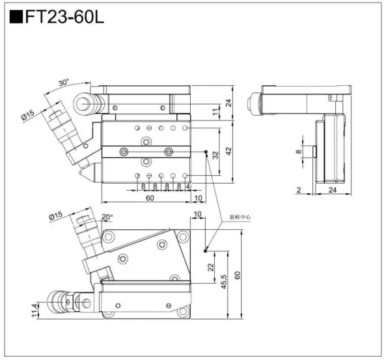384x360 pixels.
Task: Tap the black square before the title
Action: (x=15, y=16)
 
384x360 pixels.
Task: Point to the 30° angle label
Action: (x=63, y=83)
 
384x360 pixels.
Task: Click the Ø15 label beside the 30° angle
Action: (x=29, y=114)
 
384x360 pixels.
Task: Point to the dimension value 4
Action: (x=187, y=187)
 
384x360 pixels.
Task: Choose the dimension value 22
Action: (x=210, y=267)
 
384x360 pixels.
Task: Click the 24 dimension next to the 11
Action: (x=228, y=102)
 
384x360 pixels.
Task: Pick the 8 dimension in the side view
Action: (x=299, y=152)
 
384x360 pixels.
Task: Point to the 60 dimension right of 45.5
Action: (x=238, y=275)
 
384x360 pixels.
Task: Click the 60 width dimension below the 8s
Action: (x=150, y=199)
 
